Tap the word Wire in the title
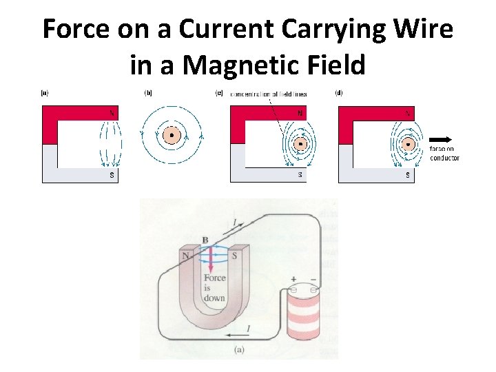[422, 30]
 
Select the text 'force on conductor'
[444, 153]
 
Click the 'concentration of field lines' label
[269, 94]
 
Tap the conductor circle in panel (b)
[172, 136]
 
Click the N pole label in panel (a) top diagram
[112, 113]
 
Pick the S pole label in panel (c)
[300, 175]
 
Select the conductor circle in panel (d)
[409, 145]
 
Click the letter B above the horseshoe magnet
[205, 240]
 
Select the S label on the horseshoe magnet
[234, 256]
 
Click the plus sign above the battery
[293, 280]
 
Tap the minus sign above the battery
[314, 280]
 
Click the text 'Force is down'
[214, 287]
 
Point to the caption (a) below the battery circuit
[239, 349]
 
